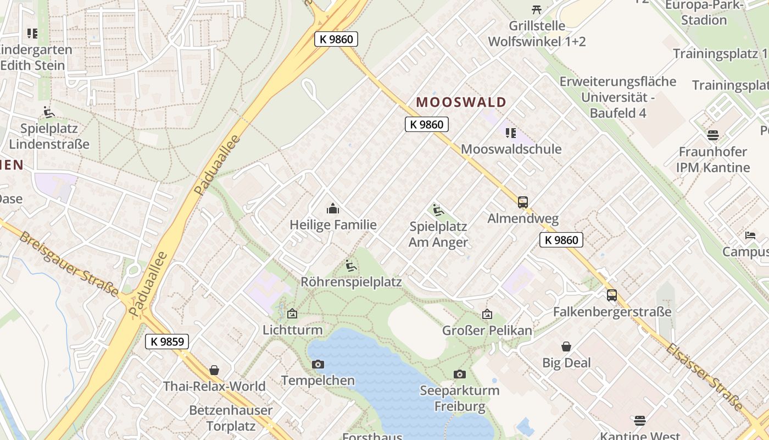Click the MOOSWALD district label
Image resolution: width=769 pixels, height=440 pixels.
click(461, 102)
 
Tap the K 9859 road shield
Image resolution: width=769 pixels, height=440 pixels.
click(167, 342)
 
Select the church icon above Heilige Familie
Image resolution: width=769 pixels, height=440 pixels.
click(332, 208)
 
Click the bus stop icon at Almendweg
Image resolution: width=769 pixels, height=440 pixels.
click(522, 202)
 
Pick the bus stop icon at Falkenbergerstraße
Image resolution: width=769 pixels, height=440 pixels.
click(611, 295)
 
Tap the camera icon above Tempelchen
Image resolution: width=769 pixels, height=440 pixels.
click(317, 364)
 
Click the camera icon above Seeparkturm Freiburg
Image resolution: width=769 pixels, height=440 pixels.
click(460, 374)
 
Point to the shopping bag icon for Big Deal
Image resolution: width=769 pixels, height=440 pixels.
click(566, 346)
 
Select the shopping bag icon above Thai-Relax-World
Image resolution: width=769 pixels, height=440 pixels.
click(214, 370)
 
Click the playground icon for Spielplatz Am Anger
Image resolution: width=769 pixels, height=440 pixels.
click(438, 210)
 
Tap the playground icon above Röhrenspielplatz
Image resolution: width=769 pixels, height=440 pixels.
click(351, 266)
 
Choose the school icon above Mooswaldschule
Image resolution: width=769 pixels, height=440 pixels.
click(510, 133)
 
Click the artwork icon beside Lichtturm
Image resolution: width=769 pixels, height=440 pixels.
click(292, 313)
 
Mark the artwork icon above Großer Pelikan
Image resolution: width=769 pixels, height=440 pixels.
click(487, 314)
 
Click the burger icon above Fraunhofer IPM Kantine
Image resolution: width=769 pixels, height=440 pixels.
click(712, 135)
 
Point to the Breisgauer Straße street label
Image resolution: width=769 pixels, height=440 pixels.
click(68, 264)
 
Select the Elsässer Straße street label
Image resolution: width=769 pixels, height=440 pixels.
click(705, 376)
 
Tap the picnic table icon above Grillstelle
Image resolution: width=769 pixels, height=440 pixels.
click(537, 9)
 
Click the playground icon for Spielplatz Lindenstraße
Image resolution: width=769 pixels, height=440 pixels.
click(49, 112)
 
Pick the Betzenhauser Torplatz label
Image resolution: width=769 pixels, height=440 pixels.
click(231, 418)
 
